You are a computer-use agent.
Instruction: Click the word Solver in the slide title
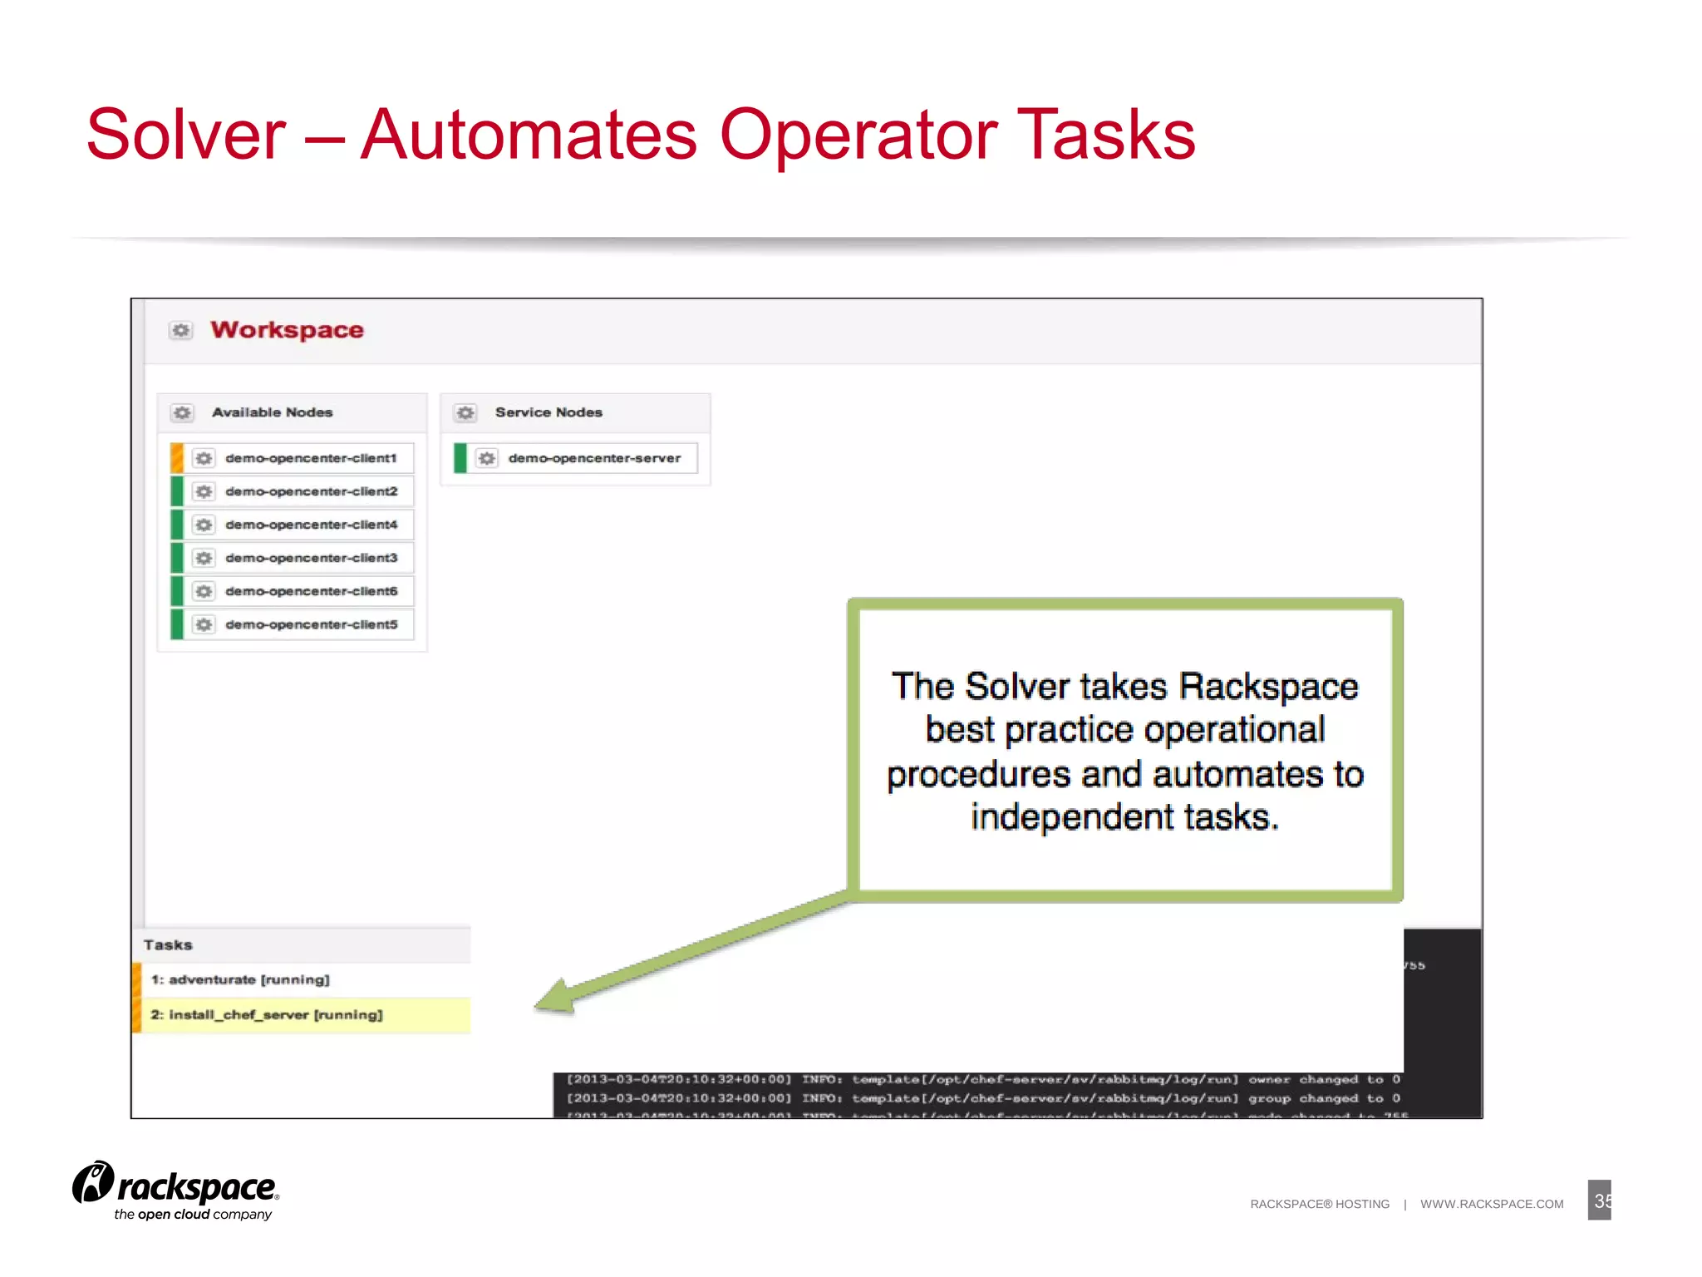coord(186,136)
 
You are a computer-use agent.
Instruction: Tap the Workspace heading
coord(287,330)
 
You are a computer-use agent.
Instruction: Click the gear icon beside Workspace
coord(181,331)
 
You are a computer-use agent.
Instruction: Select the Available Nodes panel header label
coord(272,412)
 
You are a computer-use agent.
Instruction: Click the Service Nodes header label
coord(548,412)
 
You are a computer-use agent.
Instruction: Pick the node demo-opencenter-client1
coord(311,458)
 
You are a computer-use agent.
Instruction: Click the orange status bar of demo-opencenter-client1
coord(177,458)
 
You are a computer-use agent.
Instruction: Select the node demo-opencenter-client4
coord(311,525)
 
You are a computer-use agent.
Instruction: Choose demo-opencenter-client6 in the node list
coord(311,591)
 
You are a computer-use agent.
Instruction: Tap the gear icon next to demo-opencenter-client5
coord(204,624)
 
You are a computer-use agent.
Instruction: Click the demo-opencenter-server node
coord(594,458)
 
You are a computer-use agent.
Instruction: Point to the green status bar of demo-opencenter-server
coord(460,458)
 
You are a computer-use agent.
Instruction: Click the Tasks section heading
coord(168,945)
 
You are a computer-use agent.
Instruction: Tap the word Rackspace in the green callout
coord(1268,688)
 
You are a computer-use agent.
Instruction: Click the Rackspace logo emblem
coord(93,1182)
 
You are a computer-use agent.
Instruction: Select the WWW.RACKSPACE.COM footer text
coord(1492,1204)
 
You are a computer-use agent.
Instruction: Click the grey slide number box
coord(1599,1201)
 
